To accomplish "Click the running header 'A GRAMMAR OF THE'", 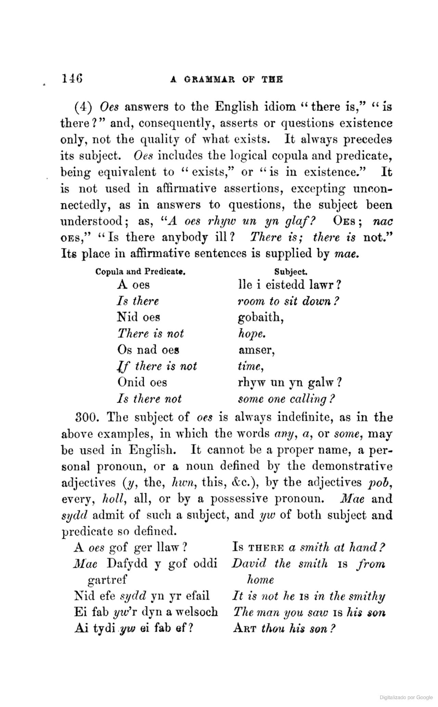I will (x=227, y=79).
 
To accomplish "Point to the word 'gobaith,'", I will (x=261, y=318).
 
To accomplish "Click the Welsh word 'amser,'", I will (x=257, y=350).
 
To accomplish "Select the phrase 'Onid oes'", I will (x=142, y=382).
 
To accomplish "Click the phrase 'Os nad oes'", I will (x=148, y=350).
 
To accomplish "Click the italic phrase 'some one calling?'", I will (x=286, y=399).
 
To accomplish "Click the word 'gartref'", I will (x=107, y=580).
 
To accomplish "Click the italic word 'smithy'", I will (x=366, y=596).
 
